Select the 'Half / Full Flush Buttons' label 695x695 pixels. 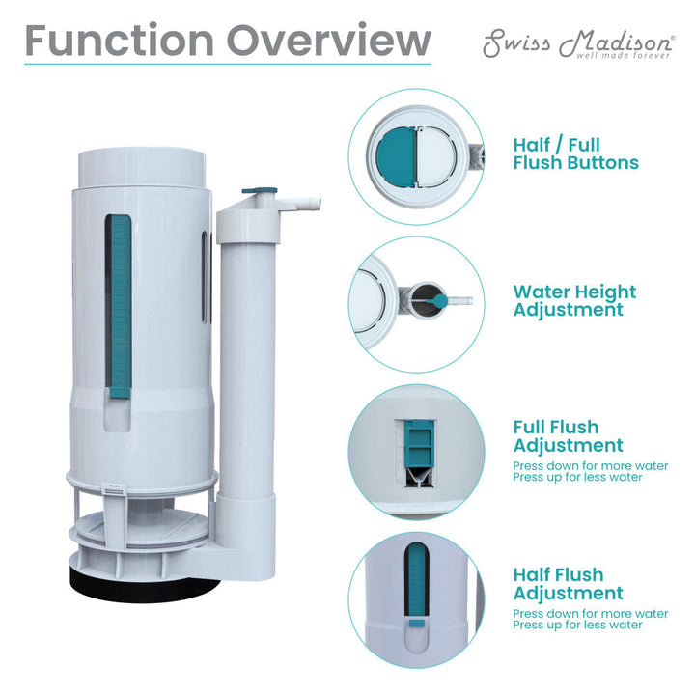coord(575,154)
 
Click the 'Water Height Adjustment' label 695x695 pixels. coord(574,300)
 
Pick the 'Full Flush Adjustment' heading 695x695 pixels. coord(568,436)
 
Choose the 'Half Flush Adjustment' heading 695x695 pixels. coord(568,584)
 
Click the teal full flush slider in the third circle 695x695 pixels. coord(419,447)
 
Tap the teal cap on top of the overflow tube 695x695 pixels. coord(257,193)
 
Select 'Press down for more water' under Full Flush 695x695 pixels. coord(590,465)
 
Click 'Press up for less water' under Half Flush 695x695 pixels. coord(577,625)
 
